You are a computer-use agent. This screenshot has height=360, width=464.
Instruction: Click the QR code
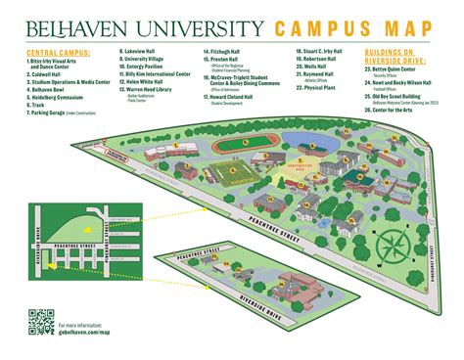pyautogui.click(x=40, y=322)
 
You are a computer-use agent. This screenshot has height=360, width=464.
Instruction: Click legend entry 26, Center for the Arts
pyautogui.click(x=397, y=108)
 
